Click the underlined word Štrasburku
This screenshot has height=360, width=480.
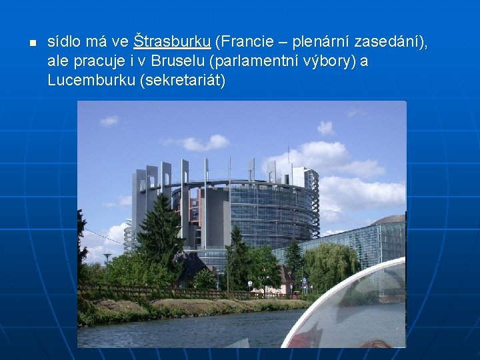coord(172,41)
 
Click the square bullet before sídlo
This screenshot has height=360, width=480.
coord(31,43)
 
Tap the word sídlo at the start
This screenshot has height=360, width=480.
coord(64,41)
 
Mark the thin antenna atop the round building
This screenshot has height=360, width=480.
coord(288,152)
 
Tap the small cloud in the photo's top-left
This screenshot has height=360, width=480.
coord(109,121)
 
